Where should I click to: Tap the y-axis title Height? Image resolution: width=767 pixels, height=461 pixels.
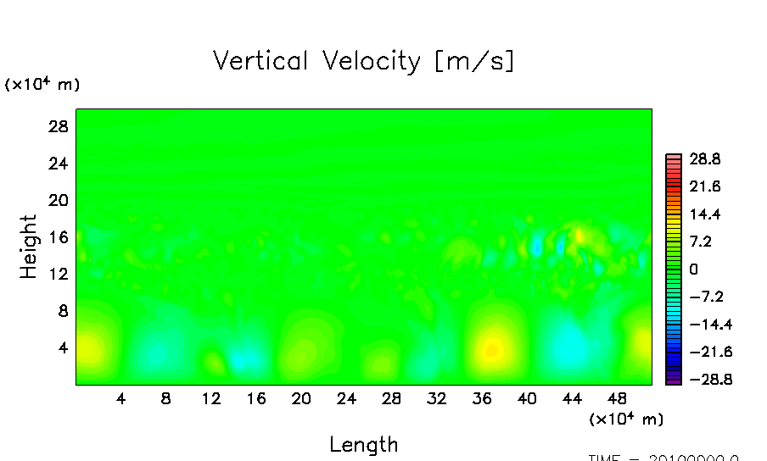[x=29, y=247]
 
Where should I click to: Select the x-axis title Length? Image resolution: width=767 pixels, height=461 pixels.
[x=363, y=444]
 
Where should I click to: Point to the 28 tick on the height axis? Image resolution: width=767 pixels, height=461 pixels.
[x=56, y=126]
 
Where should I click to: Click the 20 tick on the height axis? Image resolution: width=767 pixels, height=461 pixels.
[x=56, y=200]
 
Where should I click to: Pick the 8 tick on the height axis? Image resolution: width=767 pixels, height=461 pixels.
[x=61, y=311]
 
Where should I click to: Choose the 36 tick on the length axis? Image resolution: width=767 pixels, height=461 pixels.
[x=481, y=398]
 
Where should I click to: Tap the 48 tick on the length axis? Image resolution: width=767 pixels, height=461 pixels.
[x=617, y=398]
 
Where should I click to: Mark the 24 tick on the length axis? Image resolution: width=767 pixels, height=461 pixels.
[x=346, y=398]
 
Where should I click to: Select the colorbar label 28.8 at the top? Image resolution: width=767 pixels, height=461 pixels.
[x=704, y=158]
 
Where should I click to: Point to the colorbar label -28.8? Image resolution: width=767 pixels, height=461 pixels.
[x=701, y=380]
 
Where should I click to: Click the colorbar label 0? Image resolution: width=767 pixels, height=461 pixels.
[x=693, y=269]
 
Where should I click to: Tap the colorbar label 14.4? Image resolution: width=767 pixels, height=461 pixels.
[x=704, y=214]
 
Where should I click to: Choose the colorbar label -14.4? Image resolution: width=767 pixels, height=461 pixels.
[x=701, y=325]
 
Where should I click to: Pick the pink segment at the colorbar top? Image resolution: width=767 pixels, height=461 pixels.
[x=674, y=157]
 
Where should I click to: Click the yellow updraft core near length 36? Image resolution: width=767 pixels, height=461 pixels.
[x=492, y=348]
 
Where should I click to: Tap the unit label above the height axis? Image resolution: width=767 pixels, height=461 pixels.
[x=42, y=85]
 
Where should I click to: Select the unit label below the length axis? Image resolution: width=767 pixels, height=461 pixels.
[x=626, y=419]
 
